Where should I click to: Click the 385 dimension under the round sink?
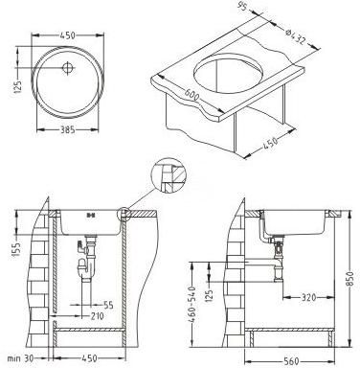(68, 129)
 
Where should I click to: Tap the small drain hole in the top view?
(68, 67)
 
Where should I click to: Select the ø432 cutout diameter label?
(296, 36)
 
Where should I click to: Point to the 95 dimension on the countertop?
(243, 7)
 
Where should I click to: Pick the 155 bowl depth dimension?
(17, 249)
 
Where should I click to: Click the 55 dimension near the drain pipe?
(108, 305)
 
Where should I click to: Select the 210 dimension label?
(97, 316)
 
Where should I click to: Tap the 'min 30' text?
(20, 358)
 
